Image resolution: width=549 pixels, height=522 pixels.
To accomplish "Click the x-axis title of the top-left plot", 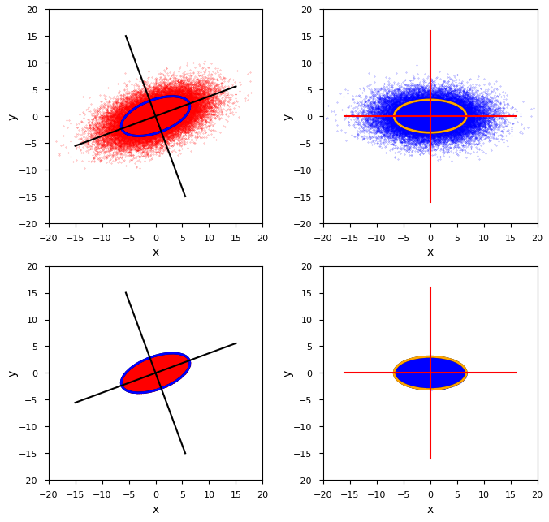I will (156, 252).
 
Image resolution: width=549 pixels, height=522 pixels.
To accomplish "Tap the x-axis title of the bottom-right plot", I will (430, 510).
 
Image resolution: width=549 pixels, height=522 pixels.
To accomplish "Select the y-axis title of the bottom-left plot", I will (12, 373).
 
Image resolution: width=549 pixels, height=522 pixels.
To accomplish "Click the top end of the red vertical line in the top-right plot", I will (430, 31).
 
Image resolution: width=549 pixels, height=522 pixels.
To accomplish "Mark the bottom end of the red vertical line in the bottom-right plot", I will (430, 459).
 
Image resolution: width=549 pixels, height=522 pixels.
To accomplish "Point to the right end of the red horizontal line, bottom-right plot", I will (516, 373).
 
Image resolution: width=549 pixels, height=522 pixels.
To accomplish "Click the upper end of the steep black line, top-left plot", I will (126, 36).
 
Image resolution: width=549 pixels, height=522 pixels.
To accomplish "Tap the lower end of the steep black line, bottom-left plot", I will (185, 453).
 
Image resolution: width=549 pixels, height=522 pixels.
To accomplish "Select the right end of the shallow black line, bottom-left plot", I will (236, 343).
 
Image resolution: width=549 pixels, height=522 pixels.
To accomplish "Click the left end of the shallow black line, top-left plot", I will (76, 146).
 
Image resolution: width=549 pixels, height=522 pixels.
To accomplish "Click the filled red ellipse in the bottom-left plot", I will (156, 373).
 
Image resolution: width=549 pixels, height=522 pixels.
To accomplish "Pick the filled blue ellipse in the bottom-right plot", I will (430, 373).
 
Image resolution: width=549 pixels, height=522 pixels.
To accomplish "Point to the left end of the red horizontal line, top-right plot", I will (344, 116).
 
